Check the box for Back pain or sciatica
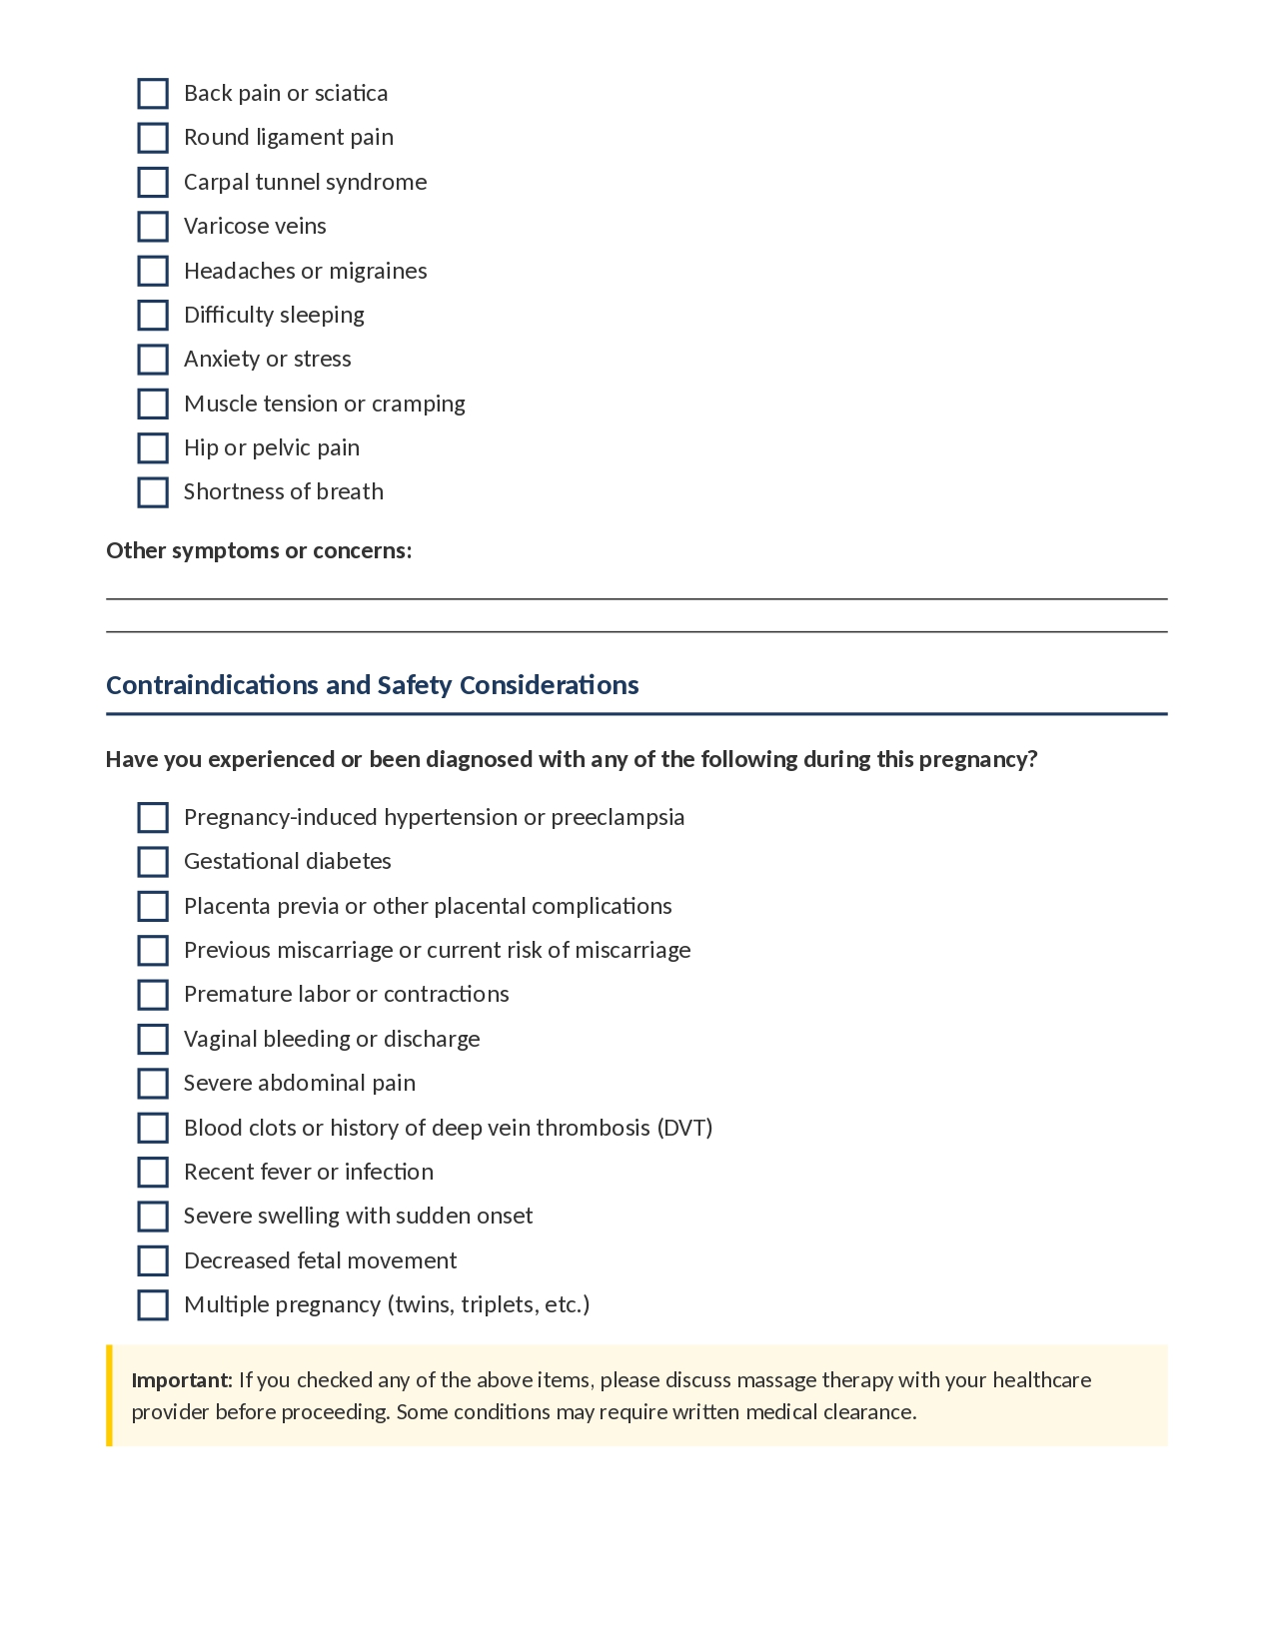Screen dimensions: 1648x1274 pos(153,94)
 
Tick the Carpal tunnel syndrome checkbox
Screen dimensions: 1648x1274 pos(153,183)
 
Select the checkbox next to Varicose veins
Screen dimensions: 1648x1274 pos(153,227)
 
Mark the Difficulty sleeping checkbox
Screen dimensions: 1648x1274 pos(153,316)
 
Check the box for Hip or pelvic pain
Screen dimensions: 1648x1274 pos(153,448)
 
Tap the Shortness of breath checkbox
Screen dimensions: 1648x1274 pos(153,492)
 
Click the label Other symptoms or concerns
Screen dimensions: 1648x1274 pos(259,551)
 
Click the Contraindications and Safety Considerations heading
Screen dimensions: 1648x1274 pos(373,685)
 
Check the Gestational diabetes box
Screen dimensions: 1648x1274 pos(153,862)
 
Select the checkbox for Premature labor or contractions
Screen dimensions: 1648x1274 pos(153,995)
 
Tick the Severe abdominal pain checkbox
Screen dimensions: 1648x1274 pos(153,1084)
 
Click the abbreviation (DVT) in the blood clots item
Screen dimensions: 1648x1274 pos(684,1128)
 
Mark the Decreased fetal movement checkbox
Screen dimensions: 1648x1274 pos(153,1261)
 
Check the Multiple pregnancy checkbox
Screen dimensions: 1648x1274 pos(153,1305)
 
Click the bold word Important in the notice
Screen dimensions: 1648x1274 pos(181,1380)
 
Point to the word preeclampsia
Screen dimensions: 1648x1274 pos(618,818)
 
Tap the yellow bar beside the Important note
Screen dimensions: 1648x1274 pos(110,1395)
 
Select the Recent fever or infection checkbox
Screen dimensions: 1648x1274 pos(153,1173)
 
